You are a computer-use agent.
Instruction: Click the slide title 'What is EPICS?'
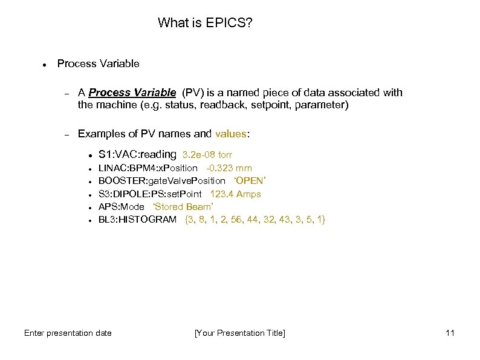click(205, 23)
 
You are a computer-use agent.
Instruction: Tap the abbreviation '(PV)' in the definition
click(192, 93)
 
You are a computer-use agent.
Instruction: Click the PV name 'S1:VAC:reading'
click(137, 154)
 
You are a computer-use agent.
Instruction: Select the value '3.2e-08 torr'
click(207, 155)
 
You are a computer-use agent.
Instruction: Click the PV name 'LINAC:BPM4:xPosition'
click(148, 168)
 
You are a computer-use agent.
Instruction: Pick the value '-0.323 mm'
click(229, 168)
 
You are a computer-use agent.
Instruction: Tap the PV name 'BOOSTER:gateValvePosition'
click(161, 181)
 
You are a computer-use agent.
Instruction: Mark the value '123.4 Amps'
click(235, 194)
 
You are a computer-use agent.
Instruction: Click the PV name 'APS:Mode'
click(121, 206)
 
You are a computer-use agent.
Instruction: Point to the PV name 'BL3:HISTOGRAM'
click(137, 219)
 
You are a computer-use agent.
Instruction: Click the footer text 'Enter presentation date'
click(68, 333)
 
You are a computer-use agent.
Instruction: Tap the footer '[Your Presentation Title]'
click(239, 333)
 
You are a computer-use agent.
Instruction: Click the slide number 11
click(449, 333)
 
